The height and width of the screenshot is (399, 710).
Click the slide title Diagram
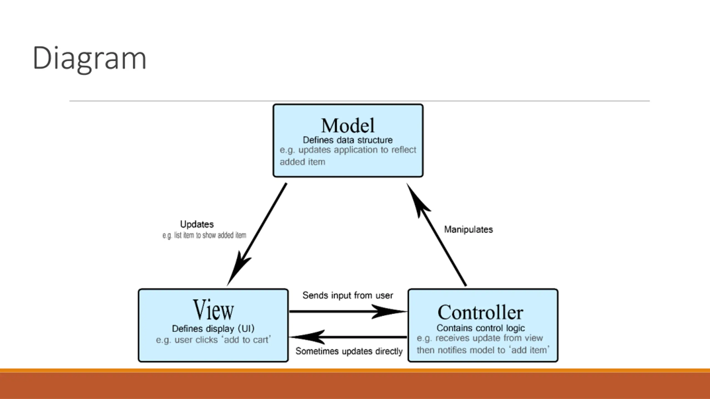coord(89,59)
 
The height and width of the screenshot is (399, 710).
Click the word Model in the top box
coord(348,126)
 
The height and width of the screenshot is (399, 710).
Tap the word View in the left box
coord(213,310)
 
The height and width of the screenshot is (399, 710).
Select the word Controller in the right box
coord(480,312)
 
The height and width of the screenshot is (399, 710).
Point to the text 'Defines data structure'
coord(348,140)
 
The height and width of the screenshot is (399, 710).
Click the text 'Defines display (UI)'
coord(213,329)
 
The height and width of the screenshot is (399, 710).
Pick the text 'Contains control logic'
coord(481,328)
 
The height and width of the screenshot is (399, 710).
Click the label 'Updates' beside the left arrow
coord(197,224)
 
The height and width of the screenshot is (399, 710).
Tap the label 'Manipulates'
coord(468,229)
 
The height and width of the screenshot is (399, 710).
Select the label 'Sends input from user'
coord(348,295)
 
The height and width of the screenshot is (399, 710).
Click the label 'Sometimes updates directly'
coord(349,351)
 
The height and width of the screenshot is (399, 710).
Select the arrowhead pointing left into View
coord(307,337)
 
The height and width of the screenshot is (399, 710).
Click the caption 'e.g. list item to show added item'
coord(204,235)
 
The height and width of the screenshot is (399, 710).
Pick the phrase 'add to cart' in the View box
coord(246,340)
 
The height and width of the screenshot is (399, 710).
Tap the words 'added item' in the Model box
coord(302,162)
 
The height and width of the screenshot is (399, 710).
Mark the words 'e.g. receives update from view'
coord(480,338)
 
